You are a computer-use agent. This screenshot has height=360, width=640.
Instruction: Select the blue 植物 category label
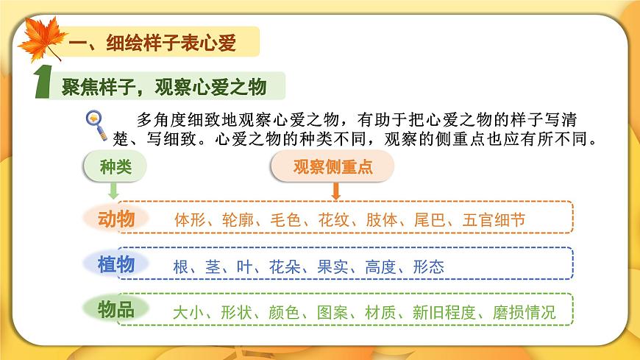[x=116, y=264]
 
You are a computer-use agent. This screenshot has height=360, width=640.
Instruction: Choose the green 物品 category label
[x=116, y=309]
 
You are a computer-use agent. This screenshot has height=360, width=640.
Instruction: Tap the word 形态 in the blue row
[x=428, y=267]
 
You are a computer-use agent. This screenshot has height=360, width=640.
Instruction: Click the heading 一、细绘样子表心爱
[x=151, y=43]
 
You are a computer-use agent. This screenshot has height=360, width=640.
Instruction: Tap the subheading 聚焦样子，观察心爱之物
[x=163, y=87]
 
